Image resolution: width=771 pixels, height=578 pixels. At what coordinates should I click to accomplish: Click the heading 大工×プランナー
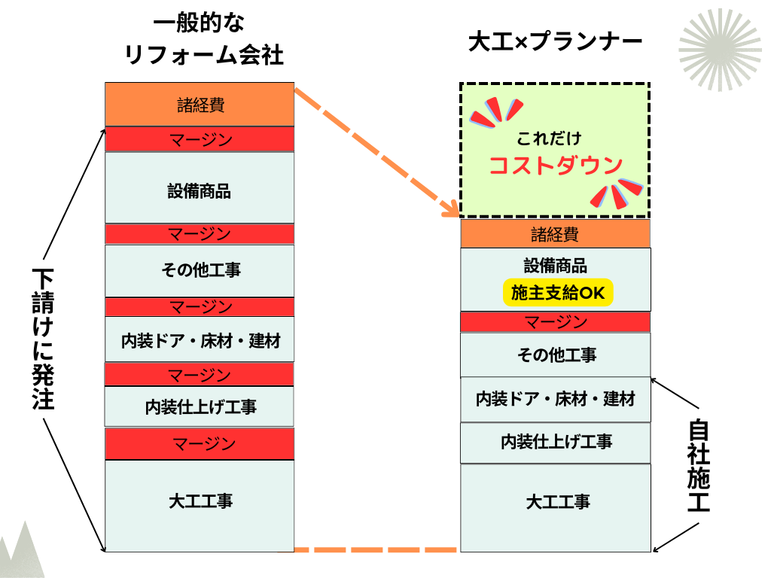(556, 41)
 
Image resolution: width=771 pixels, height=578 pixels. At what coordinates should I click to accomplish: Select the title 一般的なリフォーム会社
(200, 38)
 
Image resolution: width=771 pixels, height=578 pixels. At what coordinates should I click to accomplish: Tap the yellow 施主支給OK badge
(558, 293)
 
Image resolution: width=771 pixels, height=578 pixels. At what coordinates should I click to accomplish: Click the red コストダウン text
(556, 166)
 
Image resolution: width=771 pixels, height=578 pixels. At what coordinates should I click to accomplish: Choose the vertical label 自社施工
(698, 467)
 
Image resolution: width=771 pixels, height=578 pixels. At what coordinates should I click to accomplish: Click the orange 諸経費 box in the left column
(200, 105)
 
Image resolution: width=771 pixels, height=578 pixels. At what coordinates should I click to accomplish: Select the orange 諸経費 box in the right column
(556, 234)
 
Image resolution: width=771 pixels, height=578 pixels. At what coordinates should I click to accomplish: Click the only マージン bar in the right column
(556, 322)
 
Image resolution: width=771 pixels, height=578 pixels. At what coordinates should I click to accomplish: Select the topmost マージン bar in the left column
(200, 139)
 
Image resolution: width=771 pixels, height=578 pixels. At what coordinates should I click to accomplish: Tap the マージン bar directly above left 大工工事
(200, 443)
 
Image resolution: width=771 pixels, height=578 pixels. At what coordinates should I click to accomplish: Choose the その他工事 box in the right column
(556, 354)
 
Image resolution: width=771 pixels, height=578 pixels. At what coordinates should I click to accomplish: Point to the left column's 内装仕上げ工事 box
(200, 406)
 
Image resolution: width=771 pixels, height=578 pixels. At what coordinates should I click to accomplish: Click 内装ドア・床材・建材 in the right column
(556, 399)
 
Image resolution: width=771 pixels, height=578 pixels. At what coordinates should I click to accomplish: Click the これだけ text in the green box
(549, 138)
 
